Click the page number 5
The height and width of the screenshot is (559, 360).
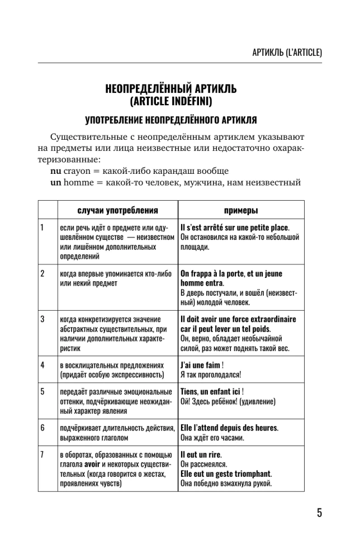319,513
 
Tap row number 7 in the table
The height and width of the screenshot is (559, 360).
42,453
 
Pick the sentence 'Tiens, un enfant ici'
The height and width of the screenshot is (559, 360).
210,391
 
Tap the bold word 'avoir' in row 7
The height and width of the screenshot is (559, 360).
92,463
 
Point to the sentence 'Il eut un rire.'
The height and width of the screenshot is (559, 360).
200,453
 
